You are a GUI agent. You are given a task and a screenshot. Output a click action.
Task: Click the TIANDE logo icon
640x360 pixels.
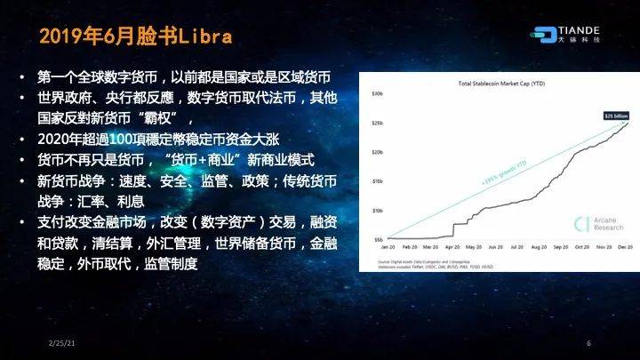coord(544,32)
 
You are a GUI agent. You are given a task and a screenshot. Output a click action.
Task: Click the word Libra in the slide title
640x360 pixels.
coord(205,36)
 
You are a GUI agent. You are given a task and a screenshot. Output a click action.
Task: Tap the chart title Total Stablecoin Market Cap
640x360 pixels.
coord(501,84)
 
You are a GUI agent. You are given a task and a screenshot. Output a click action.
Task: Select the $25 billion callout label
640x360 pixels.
coord(616,116)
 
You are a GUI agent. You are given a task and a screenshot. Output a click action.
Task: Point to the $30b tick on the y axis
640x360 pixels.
coord(378,92)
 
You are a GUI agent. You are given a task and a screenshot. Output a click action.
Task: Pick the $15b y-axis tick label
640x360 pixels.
coord(378,180)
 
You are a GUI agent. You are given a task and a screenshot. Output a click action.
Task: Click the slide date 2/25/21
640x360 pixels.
coord(60,343)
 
